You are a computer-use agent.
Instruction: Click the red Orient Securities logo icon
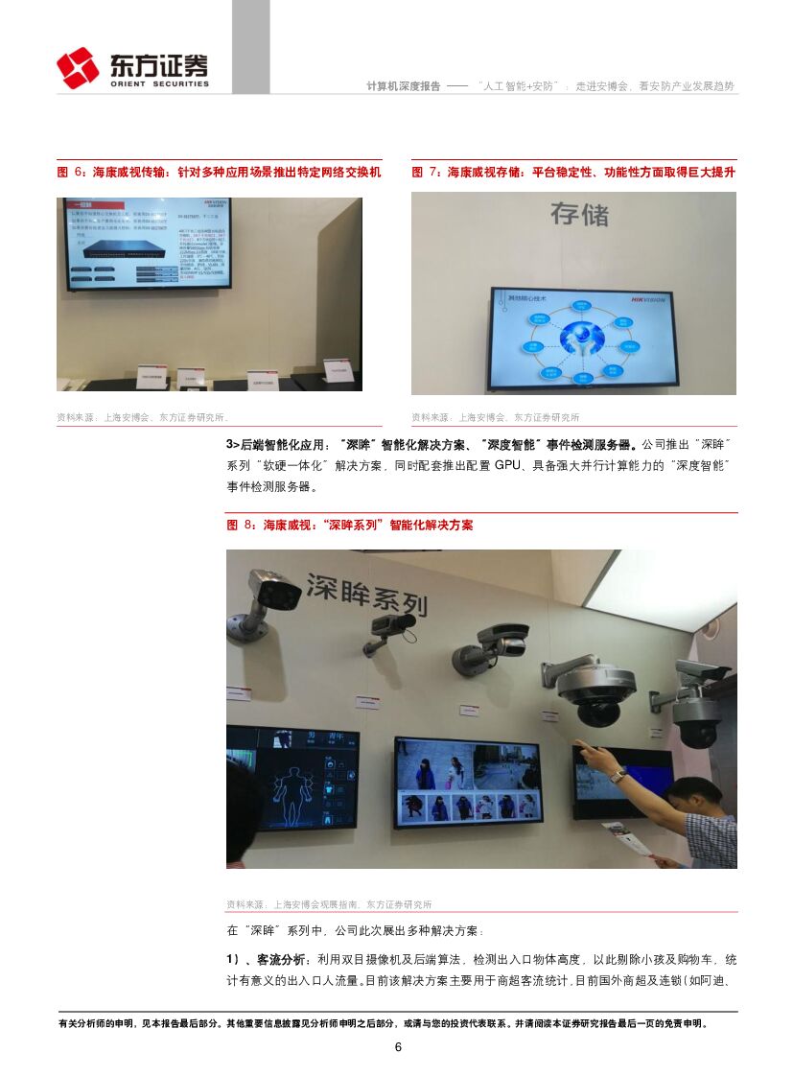pyautogui.click(x=78, y=67)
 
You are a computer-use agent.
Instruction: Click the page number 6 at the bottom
pyautogui.click(x=398, y=1046)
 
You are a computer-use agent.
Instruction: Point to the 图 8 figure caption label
pyautogui.click(x=242, y=526)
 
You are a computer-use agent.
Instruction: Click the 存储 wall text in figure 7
pyautogui.click(x=579, y=213)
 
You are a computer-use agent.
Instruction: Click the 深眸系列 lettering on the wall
pyautogui.click(x=365, y=592)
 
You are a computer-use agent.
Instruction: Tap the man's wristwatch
pyautogui.click(x=618, y=776)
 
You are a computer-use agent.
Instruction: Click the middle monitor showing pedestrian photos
pyautogui.click(x=467, y=782)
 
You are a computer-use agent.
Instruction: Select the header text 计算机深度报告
pyautogui.click(x=403, y=85)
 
